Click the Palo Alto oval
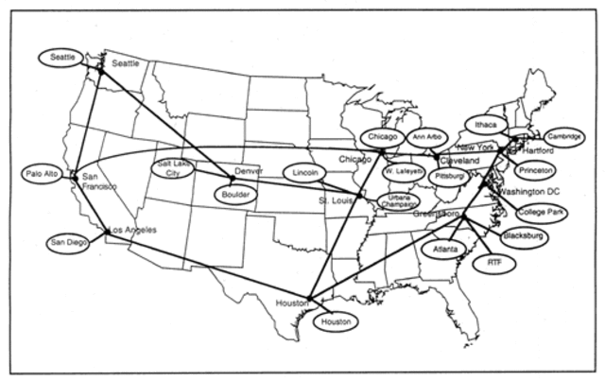(43, 175)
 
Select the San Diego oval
(68, 242)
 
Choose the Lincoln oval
(302, 174)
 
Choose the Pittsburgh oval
(447, 177)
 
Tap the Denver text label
(249, 171)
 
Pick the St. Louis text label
(337, 200)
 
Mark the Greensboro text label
(436, 215)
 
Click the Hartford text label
(538, 150)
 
